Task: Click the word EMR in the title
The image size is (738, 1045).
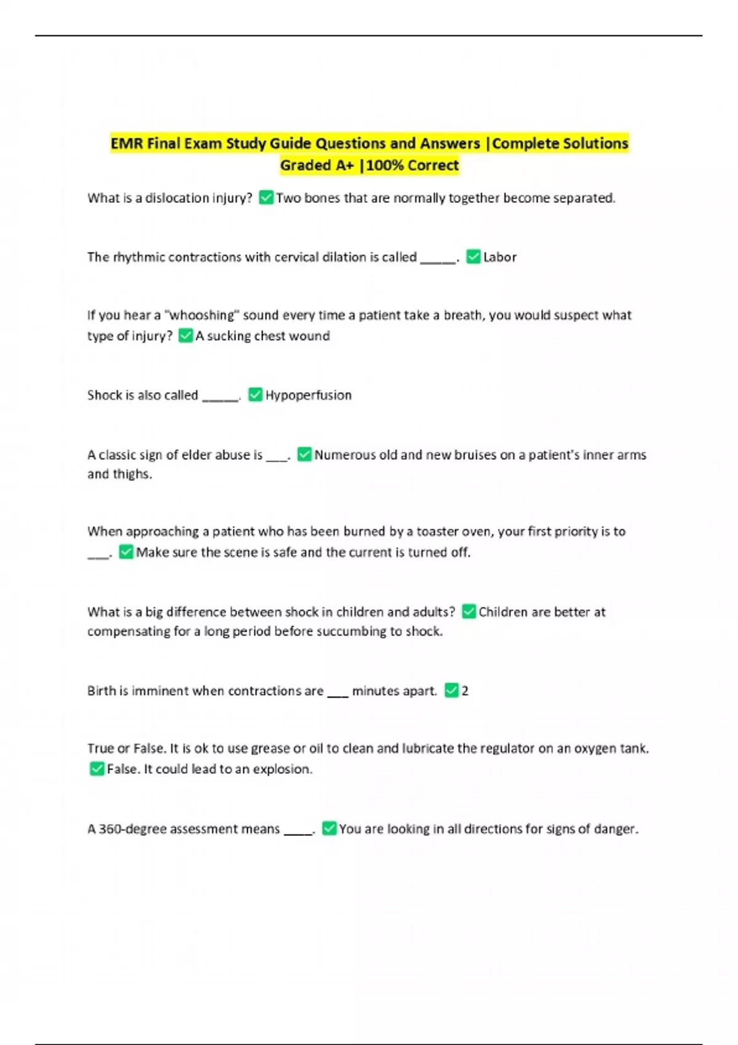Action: [127, 144]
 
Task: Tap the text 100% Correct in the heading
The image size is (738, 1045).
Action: [413, 165]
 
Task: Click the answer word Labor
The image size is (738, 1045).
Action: [499, 257]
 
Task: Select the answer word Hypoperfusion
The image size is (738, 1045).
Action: [308, 395]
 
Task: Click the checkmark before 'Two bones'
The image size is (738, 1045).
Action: [266, 198]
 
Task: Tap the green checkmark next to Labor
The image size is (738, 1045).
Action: [473, 257]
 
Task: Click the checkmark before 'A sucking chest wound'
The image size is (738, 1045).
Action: [185, 336]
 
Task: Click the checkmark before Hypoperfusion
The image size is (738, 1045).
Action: [255, 395]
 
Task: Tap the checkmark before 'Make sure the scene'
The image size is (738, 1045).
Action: [126, 552]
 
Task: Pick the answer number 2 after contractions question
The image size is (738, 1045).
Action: [465, 691]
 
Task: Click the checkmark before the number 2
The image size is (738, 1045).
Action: [451, 690]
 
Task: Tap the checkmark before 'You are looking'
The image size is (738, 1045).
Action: [329, 829]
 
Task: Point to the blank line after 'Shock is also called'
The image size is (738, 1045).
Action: [220, 398]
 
